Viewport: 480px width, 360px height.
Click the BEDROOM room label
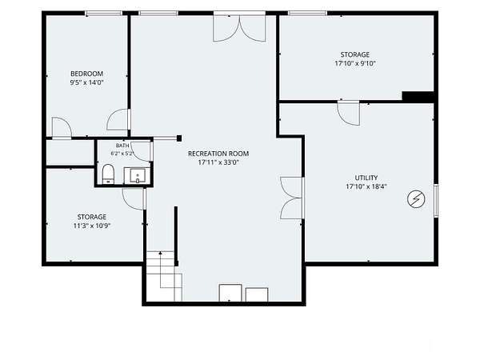86,74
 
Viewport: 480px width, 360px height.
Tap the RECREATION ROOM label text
218,154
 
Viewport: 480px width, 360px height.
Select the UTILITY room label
366,178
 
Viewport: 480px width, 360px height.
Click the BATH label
122,146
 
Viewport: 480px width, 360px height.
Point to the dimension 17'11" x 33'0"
218,162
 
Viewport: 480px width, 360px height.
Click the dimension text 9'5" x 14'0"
87,82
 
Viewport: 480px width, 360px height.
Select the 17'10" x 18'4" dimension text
366,186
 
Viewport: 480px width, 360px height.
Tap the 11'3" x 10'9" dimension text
92,226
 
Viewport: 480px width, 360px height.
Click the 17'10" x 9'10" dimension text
355,64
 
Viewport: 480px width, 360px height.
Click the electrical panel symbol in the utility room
416,199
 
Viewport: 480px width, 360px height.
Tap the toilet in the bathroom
108,174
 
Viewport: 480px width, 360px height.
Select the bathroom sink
138,176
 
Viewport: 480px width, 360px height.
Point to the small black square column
179,138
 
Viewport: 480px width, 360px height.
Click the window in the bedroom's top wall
103,13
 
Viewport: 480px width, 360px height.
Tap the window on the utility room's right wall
436,201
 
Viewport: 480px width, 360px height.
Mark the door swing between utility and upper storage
348,113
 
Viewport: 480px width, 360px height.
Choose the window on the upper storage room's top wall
308,13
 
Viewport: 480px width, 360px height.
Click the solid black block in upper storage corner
418,96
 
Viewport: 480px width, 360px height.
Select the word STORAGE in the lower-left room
92,218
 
